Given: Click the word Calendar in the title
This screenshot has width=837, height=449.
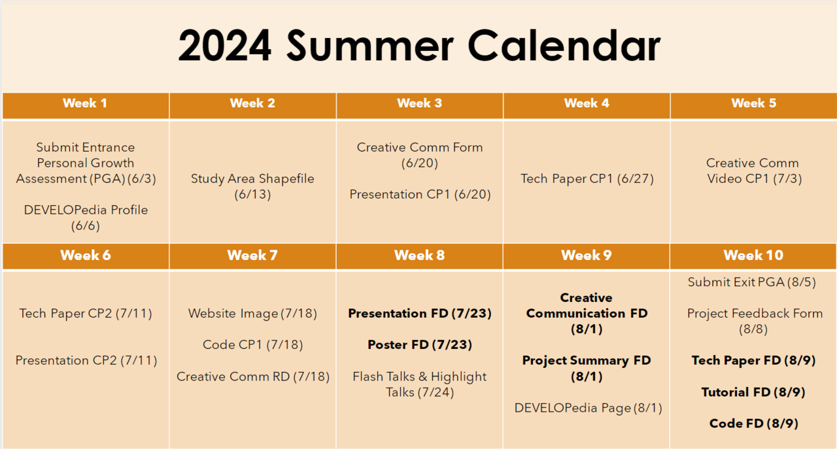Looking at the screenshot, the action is point(564,46).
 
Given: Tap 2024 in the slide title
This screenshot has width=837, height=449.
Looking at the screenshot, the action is point(224,46).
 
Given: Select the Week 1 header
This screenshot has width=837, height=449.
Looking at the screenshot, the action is point(85,103).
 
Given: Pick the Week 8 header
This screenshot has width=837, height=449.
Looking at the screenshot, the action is point(419,255).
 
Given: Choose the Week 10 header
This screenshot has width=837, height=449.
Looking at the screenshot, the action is point(753,255).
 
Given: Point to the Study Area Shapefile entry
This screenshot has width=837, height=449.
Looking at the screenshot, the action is point(252,186).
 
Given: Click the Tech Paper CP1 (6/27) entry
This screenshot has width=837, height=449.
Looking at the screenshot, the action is point(587,178).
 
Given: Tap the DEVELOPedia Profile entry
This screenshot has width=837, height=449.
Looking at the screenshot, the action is point(86,218).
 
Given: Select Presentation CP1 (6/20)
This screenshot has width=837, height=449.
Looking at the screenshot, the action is point(420,194).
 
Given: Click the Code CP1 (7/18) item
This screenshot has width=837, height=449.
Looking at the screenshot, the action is point(252,344).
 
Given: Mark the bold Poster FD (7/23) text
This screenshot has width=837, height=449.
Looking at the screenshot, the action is point(420,344).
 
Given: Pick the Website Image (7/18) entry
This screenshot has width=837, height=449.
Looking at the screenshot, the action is point(252,313).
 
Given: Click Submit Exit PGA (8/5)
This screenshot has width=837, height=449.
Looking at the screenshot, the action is point(752,282).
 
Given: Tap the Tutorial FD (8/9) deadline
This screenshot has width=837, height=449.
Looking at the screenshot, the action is point(753,392).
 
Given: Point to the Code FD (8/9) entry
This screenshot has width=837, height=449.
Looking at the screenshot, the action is point(754,424).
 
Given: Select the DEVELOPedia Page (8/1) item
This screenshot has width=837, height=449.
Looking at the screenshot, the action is point(588,408).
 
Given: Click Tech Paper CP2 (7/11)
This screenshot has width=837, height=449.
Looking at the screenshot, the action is point(86,313).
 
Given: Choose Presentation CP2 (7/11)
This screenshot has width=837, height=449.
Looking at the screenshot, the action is point(86,360).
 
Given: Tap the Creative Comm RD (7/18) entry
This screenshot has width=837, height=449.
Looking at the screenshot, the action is point(253,376).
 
